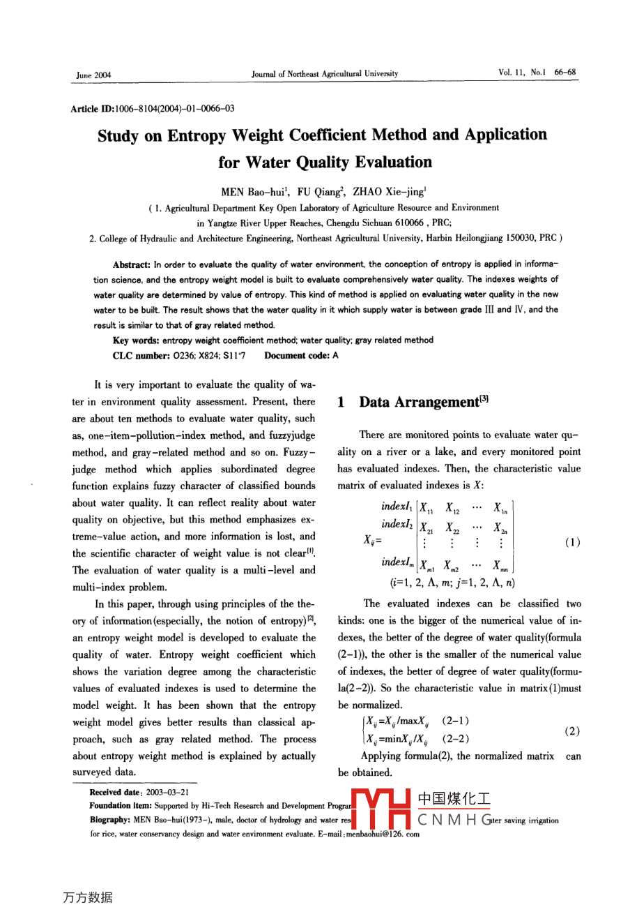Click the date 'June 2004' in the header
pyautogui.click(x=93, y=75)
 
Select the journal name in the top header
pyautogui.click(x=325, y=73)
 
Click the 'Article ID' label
pyautogui.click(x=91, y=108)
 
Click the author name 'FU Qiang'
pyautogui.click(x=319, y=193)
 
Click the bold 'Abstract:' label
pyautogui.click(x=132, y=264)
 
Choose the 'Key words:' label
pyautogui.click(x=137, y=340)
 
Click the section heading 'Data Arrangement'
pyautogui.click(x=418, y=403)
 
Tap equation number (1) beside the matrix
pyautogui.click(x=572, y=542)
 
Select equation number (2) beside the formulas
pyautogui.click(x=572, y=731)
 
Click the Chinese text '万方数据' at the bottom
pyautogui.click(x=87, y=897)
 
